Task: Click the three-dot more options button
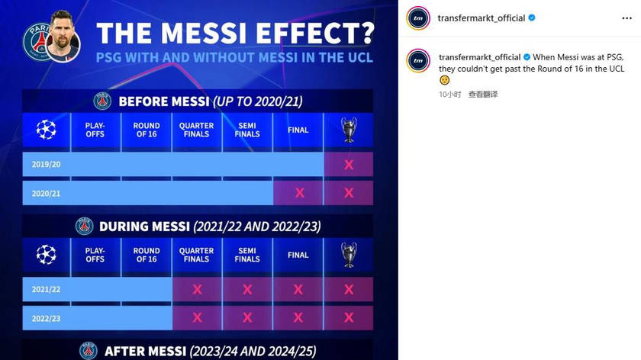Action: pos(627,18)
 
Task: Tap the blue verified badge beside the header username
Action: pos(532,18)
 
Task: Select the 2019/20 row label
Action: pos(47,164)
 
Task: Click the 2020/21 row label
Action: pos(47,193)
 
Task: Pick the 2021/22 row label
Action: pos(47,289)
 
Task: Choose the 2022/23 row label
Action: pos(47,318)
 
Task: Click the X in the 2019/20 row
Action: pos(349,164)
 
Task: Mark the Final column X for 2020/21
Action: pos(300,193)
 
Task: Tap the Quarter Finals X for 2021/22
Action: pos(197,289)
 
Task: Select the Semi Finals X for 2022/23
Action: pos(247,317)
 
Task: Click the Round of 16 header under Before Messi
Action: pos(147,130)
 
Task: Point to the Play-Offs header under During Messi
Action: pos(95,255)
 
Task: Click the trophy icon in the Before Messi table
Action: pos(349,130)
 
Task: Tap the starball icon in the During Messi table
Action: pos(47,255)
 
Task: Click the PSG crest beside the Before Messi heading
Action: pos(102,101)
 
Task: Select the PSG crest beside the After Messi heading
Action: pos(89,351)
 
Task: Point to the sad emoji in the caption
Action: pos(444,80)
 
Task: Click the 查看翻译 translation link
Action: pos(483,95)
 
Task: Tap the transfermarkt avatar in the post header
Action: pos(418,18)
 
